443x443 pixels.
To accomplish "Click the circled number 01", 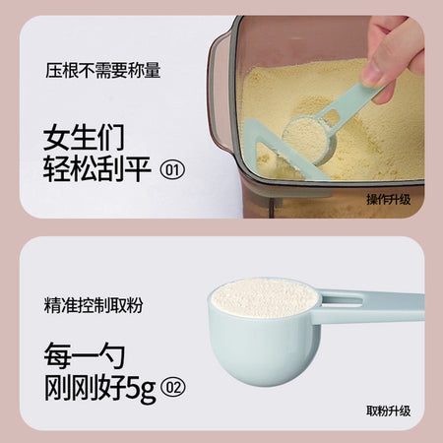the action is tap(172, 169).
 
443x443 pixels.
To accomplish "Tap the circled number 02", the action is tap(173, 388).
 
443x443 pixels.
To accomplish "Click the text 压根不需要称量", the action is tap(102, 70).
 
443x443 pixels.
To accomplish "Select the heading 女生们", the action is tap(84, 137).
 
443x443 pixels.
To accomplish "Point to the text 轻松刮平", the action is tap(97, 169).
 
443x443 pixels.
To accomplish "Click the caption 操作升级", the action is tap(389, 200).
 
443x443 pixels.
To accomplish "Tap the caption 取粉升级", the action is tap(389, 411).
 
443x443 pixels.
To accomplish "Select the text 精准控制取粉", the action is tap(94, 305).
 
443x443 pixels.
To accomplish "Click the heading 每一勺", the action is tap(85, 355).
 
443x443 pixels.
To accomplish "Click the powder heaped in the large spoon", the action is tap(265, 298).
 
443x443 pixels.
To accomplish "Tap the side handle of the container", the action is tap(219, 92).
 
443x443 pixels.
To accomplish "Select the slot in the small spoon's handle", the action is tap(332, 116).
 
